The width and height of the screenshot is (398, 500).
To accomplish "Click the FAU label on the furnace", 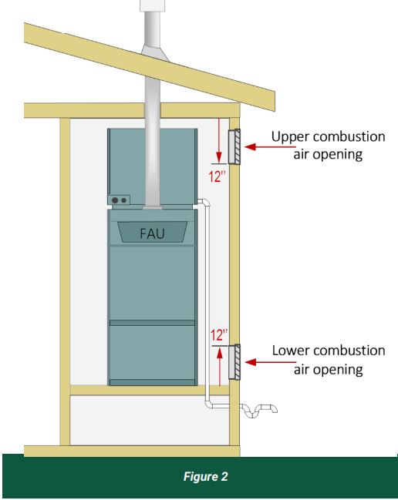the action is click(152, 233).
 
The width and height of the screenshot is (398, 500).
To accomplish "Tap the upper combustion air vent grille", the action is click(234, 146).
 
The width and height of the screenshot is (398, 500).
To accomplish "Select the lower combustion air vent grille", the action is click(234, 362).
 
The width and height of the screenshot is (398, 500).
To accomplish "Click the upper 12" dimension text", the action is click(218, 176).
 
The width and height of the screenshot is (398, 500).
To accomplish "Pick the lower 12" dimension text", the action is click(219, 335).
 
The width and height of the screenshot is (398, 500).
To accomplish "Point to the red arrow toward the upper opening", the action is click(271, 146).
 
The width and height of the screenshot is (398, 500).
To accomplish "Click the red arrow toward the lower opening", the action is click(271, 362).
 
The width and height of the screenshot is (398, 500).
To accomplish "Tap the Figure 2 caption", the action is click(205, 477).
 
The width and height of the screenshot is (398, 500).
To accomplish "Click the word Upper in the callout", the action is click(291, 137).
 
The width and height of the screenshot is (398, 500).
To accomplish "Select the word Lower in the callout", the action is click(291, 351).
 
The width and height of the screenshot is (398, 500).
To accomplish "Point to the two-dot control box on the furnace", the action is click(119, 200).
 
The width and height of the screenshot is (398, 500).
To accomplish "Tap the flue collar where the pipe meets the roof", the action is click(155, 52).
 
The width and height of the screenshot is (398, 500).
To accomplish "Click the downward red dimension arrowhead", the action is click(218, 157).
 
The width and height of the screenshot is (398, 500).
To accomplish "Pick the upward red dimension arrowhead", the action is click(220, 352).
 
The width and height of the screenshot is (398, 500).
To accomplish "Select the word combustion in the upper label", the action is click(349, 137).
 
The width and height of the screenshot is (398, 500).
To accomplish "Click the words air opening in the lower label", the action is click(329, 370).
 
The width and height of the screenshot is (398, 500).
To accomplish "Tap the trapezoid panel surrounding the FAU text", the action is click(152, 232).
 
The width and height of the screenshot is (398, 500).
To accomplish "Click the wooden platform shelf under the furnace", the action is click(150, 391).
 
